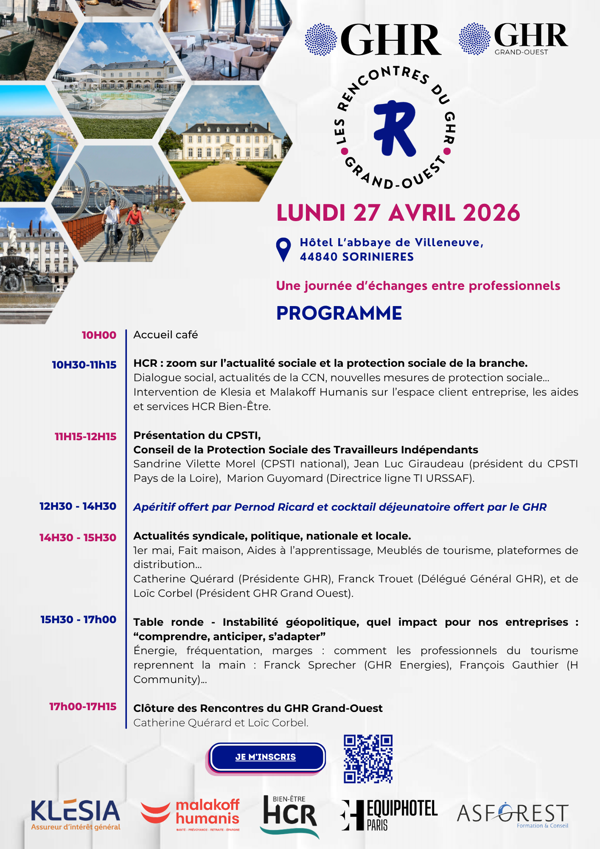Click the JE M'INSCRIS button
266,757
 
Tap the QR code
368,759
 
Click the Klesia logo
76,814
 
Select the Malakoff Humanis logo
191,814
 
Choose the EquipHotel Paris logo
389,815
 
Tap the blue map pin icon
283,249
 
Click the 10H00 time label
99,335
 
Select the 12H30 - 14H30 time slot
78,506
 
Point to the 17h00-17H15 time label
83,707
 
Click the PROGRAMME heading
339,313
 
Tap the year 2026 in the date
491,213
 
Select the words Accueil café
165,335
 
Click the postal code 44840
319,257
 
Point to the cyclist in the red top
134,221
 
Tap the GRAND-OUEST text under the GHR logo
521,52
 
